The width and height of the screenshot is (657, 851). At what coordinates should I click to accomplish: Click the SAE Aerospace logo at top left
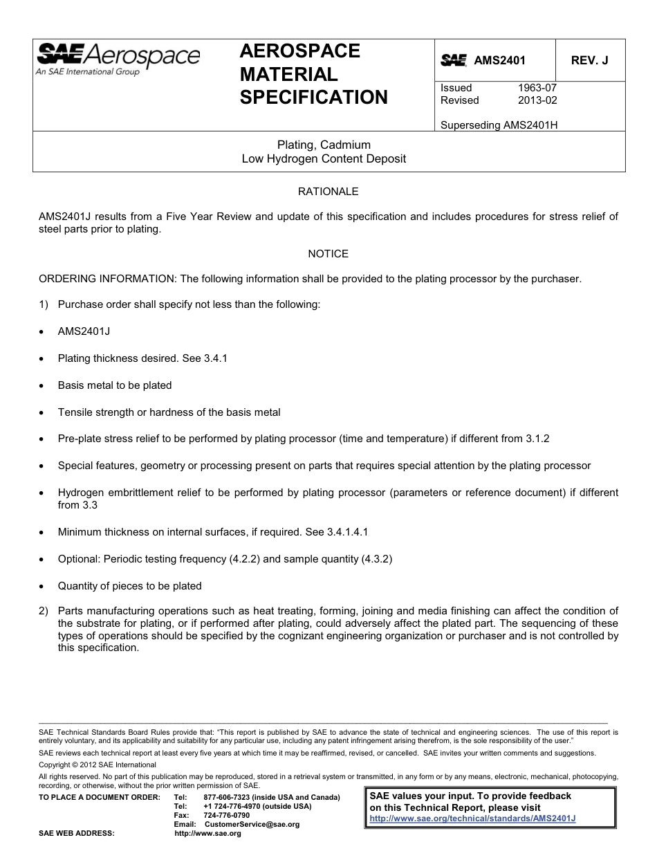tap(118, 58)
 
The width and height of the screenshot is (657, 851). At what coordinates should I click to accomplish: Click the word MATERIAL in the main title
tap(288, 74)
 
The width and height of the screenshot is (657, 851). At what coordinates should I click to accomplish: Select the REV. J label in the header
tap(589, 60)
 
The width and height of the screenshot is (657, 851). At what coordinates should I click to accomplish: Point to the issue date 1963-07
tap(537, 88)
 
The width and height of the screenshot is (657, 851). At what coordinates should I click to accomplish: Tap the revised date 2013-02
tap(537, 100)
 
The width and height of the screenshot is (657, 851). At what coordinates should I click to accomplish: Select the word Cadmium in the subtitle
tap(348, 145)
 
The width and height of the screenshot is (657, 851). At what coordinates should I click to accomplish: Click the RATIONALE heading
tap(328, 192)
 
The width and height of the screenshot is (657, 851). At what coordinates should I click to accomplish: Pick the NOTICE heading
tap(328, 254)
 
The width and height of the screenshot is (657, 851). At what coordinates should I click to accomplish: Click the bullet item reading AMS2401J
tap(84, 331)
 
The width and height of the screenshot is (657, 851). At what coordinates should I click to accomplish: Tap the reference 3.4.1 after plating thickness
tap(215, 358)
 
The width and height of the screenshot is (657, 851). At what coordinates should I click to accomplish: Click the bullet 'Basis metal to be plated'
tap(115, 385)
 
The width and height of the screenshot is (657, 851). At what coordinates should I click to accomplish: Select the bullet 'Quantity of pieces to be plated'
tap(129, 586)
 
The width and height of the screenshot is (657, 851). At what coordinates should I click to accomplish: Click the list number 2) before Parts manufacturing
tap(44, 611)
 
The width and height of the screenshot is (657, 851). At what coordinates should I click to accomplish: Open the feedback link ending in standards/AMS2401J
tap(473, 818)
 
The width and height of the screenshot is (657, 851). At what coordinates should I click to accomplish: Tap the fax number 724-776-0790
tap(227, 816)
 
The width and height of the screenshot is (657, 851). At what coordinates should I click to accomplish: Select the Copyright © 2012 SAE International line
tap(98, 765)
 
